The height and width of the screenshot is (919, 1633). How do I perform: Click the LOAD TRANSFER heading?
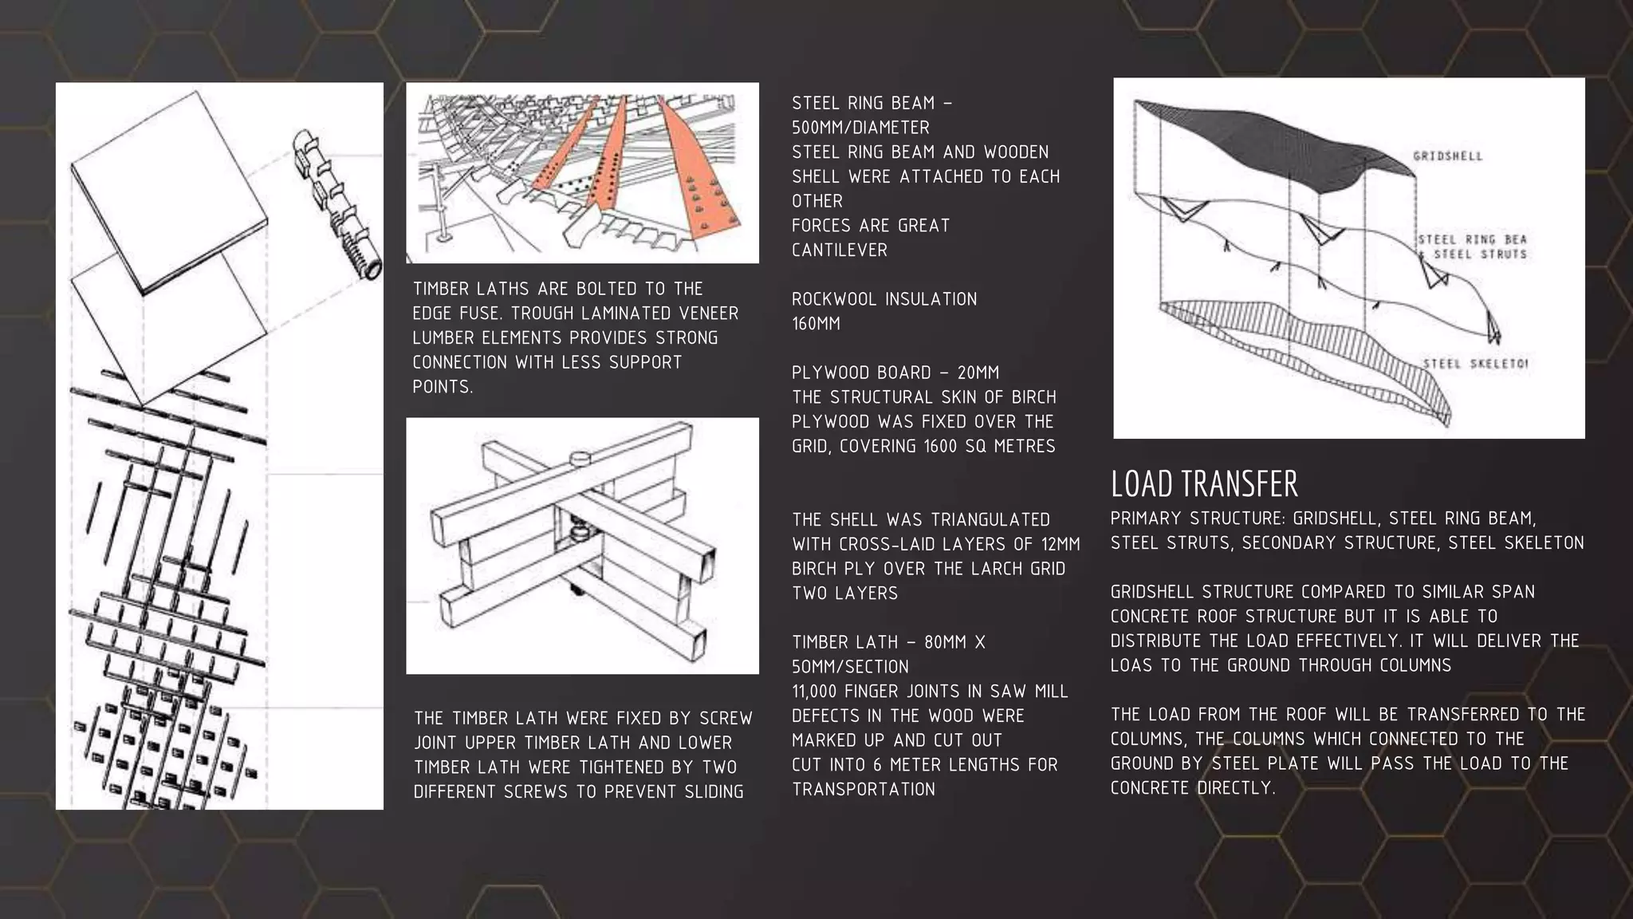1204,484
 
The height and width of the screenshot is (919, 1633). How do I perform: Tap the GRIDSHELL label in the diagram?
1447,156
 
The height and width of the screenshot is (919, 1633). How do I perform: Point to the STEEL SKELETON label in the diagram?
1475,365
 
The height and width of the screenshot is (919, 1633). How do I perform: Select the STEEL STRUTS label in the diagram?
1480,254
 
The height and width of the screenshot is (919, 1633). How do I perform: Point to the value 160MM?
816,324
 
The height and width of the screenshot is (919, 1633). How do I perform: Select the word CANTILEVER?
839,250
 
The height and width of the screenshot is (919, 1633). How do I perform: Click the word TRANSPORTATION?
863,790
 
